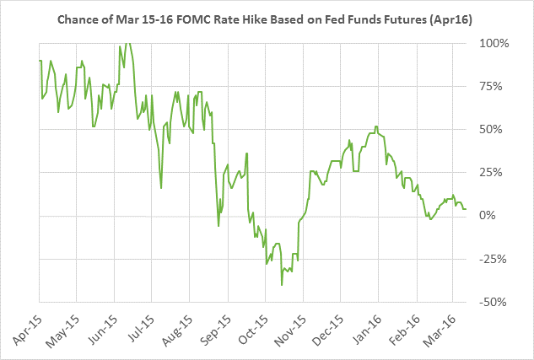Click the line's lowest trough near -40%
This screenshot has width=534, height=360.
coord(282,285)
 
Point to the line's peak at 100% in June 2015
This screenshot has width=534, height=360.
coord(126,42)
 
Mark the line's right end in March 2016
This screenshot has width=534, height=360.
coord(466,208)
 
